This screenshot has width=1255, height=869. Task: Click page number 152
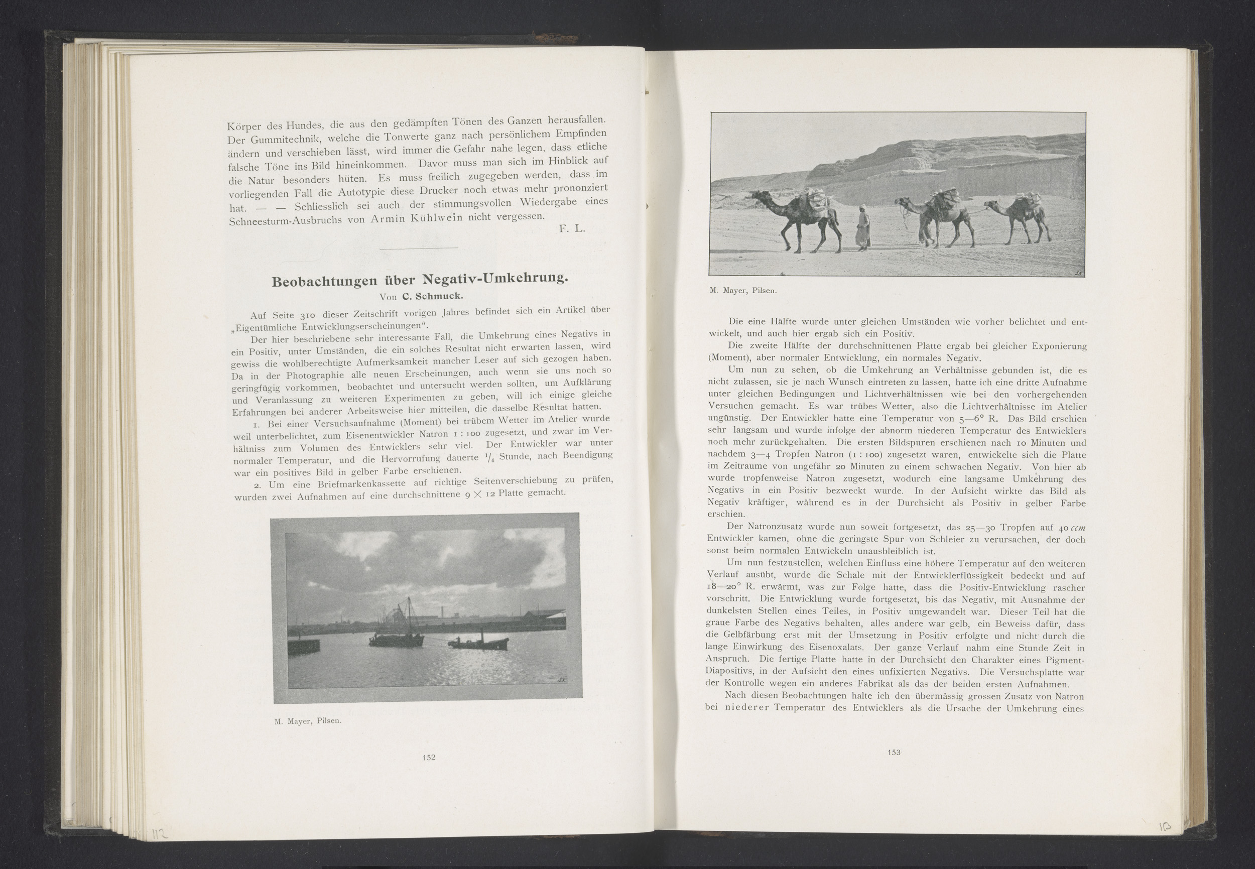click(429, 758)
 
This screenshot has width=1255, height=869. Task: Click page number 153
click(894, 752)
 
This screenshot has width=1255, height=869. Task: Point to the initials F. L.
click(572, 229)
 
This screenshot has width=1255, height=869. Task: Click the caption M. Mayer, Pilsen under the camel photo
click(743, 291)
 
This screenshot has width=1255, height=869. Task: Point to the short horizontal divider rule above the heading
click(419, 249)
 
